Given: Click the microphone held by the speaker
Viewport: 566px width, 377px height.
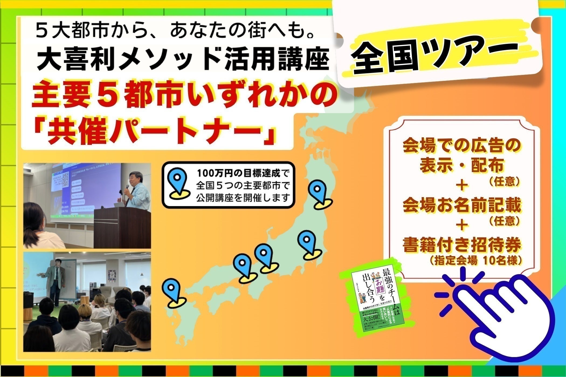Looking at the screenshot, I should coord(127,187).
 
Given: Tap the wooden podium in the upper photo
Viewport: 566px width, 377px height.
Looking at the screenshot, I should coord(121,226).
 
